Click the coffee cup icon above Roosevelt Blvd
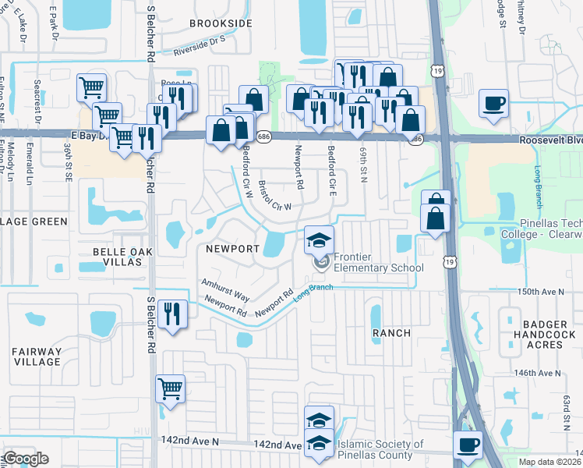pos(494,103)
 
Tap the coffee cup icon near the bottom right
pos(468,445)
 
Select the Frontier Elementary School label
pos(378,262)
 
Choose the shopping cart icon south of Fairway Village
pos(170,388)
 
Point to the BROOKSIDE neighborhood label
pos(221,24)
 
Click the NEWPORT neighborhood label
pos(232,249)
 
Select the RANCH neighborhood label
pos(391,333)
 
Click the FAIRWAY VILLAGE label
pos(37,356)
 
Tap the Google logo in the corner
pos(26,459)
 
